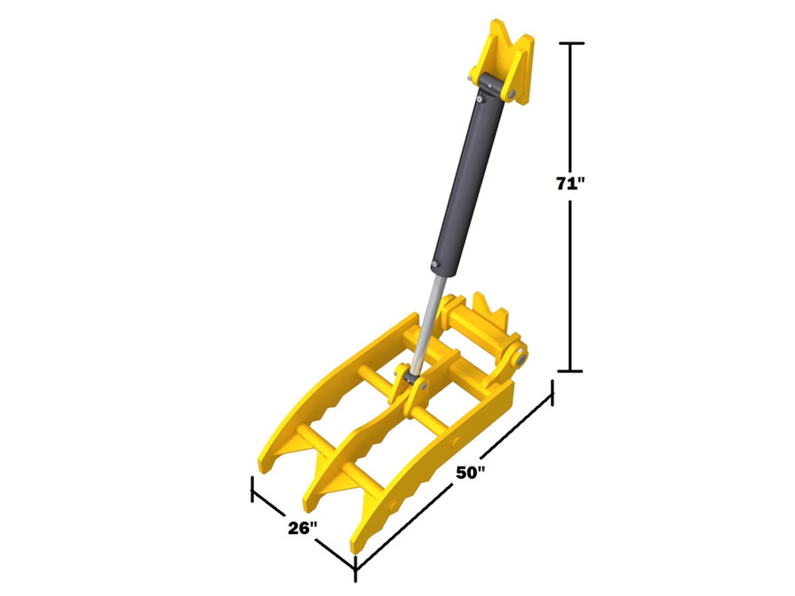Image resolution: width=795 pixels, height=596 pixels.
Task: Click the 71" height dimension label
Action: point(570,184)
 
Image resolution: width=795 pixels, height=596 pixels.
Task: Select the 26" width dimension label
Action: point(302,529)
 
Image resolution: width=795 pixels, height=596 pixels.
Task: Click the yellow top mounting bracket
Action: point(508,62)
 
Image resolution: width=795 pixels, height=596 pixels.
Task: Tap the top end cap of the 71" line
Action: point(571,43)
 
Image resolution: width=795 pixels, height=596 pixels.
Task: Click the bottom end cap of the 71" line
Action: point(571,371)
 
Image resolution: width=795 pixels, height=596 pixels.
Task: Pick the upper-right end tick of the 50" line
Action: point(552,392)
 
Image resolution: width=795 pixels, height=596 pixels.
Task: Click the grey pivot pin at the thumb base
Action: point(519,358)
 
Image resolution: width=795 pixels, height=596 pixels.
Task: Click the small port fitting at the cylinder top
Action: point(481,99)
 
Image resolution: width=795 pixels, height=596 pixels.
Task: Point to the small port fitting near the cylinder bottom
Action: point(436,267)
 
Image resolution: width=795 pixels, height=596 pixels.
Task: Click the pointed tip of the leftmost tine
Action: point(263,466)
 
